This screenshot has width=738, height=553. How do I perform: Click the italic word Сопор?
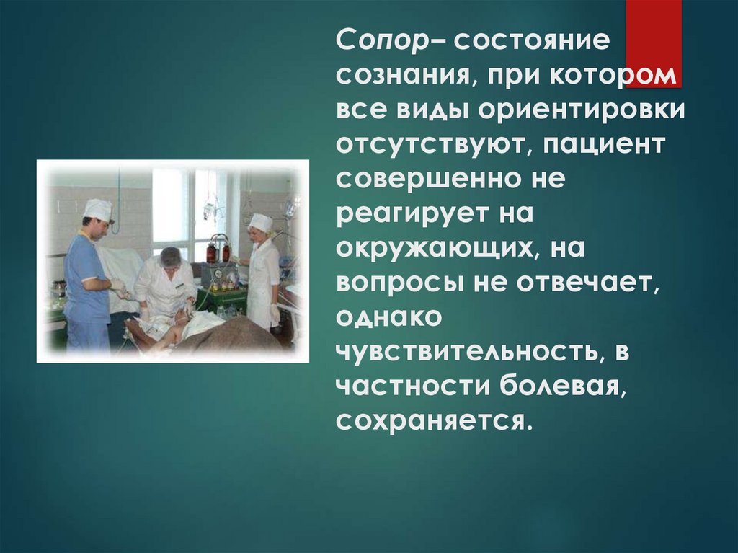pyautogui.click(x=381, y=43)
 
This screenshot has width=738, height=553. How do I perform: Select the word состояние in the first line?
pyautogui.click(x=532, y=43)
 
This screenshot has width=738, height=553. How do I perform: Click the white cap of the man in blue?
pyautogui.click(x=98, y=209)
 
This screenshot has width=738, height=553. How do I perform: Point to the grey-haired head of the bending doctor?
pyautogui.click(x=171, y=256)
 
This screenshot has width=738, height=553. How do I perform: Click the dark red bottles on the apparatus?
pyautogui.click(x=218, y=252)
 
